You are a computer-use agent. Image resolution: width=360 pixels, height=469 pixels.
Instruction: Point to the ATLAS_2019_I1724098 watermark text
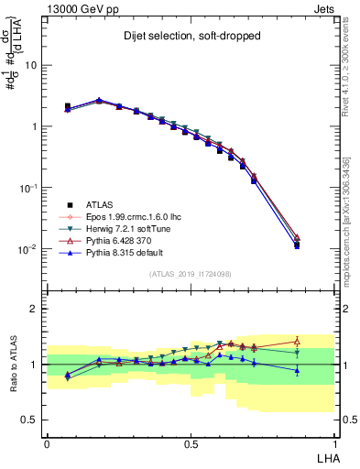[191, 273]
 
